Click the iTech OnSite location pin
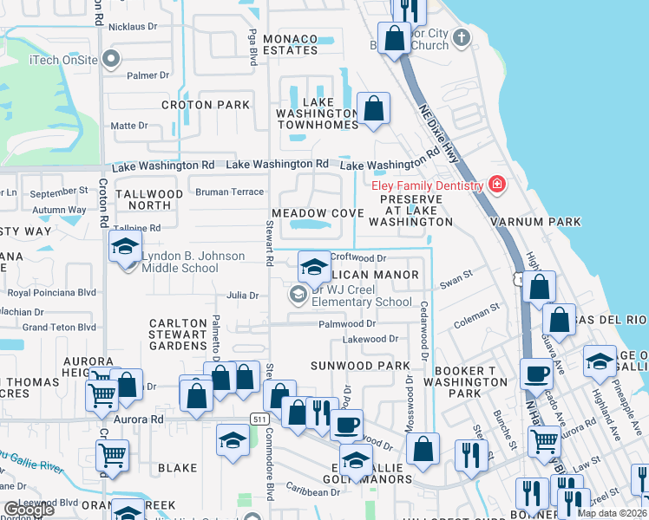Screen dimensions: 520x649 [110, 59]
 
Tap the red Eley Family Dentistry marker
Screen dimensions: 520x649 [496, 185]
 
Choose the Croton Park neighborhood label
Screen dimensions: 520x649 [206, 105]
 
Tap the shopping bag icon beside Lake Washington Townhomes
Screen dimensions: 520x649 [374, 109]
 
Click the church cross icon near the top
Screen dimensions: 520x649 [462, 37]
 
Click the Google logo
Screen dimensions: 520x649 [29, 510]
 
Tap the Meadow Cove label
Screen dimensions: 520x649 [318, 213]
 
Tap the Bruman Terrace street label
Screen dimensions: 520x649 [229, 192]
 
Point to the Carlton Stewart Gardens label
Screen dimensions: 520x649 [178, 335]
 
